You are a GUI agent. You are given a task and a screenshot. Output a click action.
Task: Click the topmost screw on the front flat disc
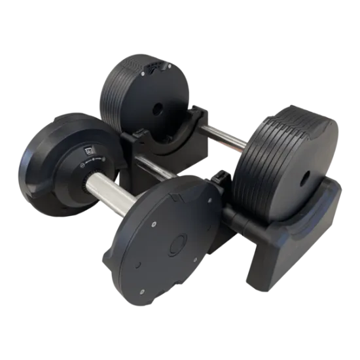(x=152, y=207)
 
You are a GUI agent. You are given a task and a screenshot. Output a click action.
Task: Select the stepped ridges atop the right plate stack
(x=275, y=124)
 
